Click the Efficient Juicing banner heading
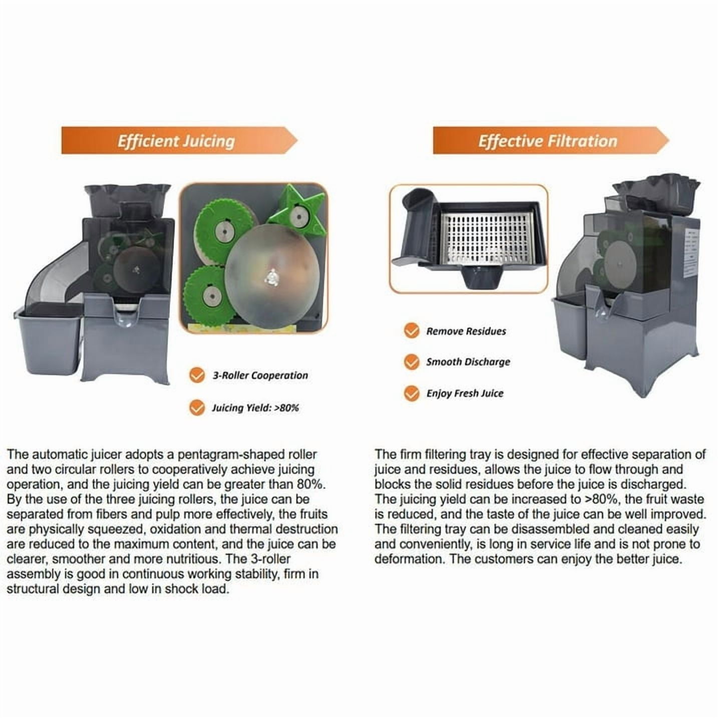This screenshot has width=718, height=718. point(176,141)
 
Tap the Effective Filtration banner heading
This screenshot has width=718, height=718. point(547,141)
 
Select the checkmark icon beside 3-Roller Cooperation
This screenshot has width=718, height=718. point(197,375)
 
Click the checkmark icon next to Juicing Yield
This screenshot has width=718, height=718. point(197,408)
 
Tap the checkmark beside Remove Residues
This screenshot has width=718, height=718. point(412,330)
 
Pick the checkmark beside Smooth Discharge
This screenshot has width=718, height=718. point(412,362)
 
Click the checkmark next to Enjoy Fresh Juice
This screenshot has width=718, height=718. point(412,393)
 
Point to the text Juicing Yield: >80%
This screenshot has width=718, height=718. point(255,408)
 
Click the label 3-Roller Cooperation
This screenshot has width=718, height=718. point(260,375)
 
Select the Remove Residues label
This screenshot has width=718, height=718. point(466,331)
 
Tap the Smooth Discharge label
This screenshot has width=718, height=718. point(468,362)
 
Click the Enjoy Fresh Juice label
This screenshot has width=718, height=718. point(465,394)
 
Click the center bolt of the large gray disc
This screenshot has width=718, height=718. point(271,277)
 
